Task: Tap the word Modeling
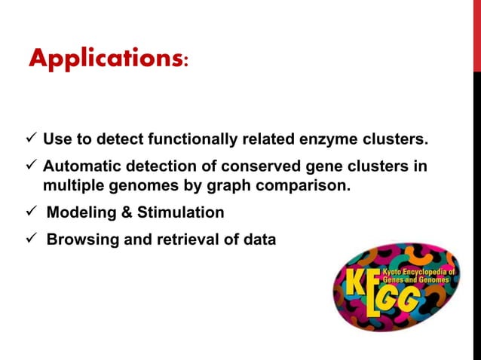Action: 77,212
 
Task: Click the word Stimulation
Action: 181,212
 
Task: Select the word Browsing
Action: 78,240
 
